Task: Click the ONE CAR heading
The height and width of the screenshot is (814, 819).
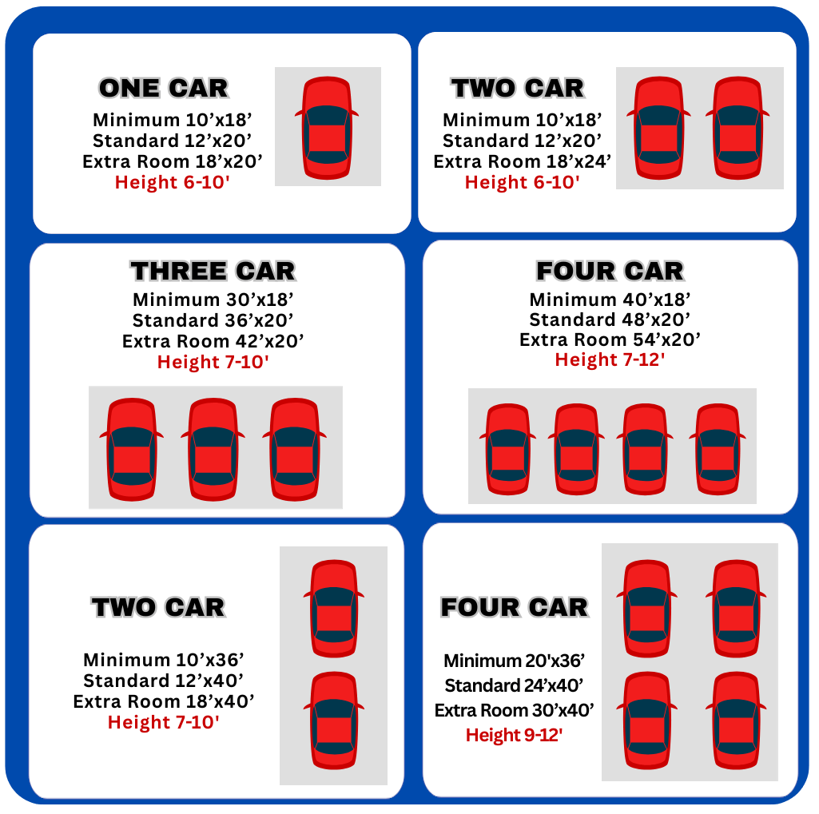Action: point(164,88)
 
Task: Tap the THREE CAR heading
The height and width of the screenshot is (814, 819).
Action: point(213,271)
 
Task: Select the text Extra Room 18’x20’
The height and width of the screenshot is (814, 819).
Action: point(173,161)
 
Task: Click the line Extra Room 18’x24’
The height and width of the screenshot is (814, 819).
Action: point(523,161)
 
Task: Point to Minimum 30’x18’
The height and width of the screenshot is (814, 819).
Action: point(213,300)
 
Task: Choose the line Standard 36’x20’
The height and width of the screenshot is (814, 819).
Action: point(213,320)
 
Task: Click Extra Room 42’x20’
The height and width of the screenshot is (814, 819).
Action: point(213,341)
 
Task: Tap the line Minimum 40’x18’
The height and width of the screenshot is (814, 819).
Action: point(610,300)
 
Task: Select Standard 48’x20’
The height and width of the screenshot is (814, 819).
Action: point(610,319)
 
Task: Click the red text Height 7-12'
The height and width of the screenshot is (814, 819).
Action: point(610,359)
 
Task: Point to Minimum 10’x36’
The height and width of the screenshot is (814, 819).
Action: point(164,660)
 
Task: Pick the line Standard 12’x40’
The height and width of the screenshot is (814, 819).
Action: point(164,681)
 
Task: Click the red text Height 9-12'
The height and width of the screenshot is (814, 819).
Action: point(515,735)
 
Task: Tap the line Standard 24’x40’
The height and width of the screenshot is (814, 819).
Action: point(515,685)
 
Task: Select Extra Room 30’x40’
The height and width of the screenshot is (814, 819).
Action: point(515,710)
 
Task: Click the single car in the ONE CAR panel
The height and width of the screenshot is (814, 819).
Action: point(327,128)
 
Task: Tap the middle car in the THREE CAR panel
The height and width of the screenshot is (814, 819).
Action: point(213,450)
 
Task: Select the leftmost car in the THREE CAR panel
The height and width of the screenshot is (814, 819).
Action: point(132,450)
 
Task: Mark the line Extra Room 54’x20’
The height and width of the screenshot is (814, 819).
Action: point(610,339)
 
